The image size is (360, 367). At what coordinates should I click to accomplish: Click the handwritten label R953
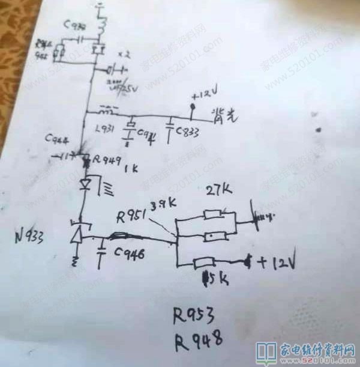(194, 315)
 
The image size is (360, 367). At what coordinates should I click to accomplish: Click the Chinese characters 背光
(223, 115)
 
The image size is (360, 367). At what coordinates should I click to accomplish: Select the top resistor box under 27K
(214, 214)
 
